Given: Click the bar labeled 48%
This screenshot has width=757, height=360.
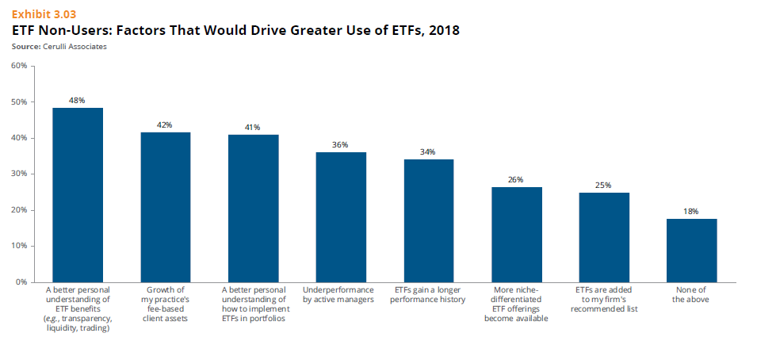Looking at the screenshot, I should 78,194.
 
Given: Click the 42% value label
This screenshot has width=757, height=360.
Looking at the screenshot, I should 165,124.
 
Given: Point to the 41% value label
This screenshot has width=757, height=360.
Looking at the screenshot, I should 253,127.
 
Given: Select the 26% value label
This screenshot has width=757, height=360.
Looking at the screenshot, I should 516,180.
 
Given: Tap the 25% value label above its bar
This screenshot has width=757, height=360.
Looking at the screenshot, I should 603,185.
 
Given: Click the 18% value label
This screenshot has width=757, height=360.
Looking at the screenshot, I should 691,211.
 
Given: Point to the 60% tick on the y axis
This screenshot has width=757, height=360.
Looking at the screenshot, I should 20,66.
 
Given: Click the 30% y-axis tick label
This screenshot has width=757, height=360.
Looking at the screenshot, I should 20,174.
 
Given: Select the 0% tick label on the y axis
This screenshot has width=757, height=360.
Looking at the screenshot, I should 22,281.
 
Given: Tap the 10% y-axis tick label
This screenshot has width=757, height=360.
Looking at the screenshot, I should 20,246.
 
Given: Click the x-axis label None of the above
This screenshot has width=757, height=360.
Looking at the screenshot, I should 691,294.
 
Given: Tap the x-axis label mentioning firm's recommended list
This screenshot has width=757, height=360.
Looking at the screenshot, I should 603,299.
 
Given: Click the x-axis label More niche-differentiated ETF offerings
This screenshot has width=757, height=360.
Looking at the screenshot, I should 516,304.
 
